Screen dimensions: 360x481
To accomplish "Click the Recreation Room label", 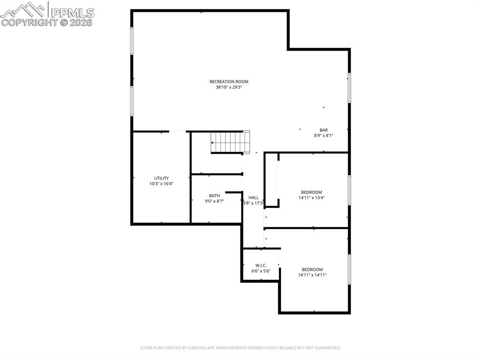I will [229, 82].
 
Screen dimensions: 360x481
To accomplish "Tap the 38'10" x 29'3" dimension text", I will [229, 87].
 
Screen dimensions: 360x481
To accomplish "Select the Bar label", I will [324, 130].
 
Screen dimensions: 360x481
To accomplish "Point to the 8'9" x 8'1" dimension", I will [324, 136].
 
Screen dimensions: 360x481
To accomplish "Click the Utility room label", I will [162, 178].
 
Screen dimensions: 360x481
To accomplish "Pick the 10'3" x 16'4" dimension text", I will [162, 184].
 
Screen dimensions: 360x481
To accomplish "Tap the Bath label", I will [214, 196].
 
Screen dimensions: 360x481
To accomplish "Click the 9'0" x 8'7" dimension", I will [214, 201].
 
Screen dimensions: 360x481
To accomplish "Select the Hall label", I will [254, 198].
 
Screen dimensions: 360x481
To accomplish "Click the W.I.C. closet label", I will [261, 265].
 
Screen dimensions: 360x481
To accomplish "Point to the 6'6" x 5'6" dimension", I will [261, 271].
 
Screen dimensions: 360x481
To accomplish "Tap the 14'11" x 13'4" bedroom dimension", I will [311, 198].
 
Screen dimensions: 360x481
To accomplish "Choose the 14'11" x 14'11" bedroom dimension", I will [312, 275].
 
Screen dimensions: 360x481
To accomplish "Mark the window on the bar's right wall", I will [349, 87].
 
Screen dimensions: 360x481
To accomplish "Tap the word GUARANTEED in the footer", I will [324, 348].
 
